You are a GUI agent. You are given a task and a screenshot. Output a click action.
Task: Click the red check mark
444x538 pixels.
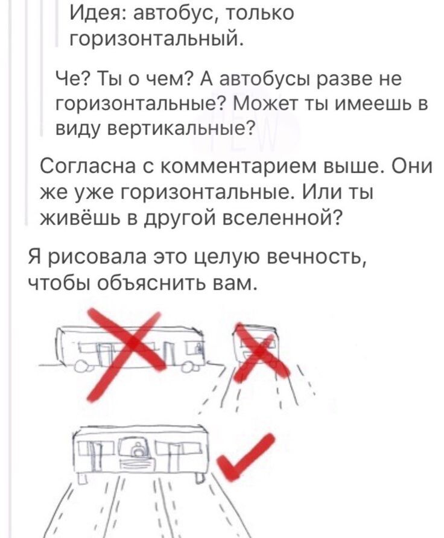point(246,455)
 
